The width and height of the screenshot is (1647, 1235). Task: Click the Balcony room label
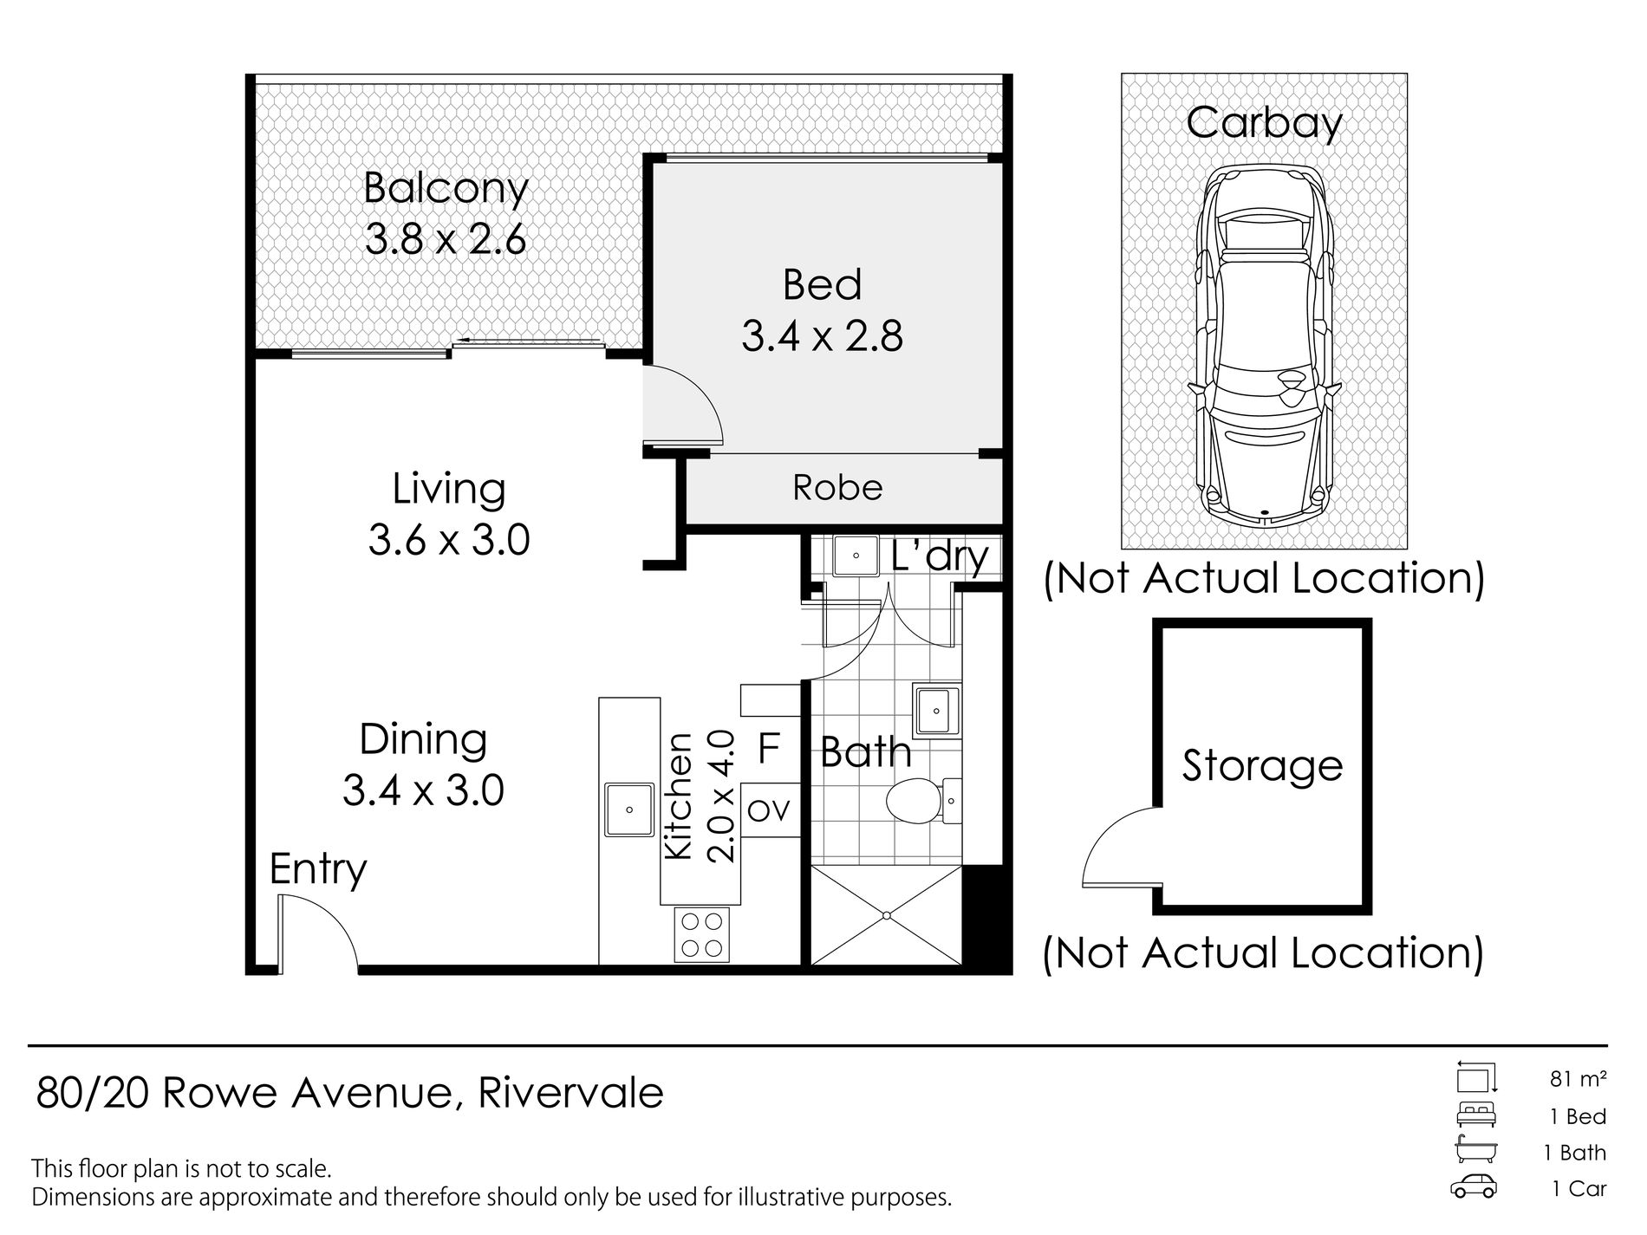pyautogui.click(x=446, y=189)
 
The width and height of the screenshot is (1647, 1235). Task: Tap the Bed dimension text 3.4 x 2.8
pyautogui.click(x=822, y=336)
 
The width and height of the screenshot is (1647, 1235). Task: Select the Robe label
pyautogui.click(x=837, y=488)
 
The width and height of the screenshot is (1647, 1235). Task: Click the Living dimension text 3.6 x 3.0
pyautogui.click(x=449, y=541)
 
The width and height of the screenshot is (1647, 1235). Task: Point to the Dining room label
pyautogui.click(x=423, y=739)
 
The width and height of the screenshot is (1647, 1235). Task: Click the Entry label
pyautogui.click(x=318, y=869)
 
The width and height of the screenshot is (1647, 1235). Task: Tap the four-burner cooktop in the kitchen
pyautogui.click(x=702, y=934)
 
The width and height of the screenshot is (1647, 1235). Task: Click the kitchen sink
pyautogui.click(x=629, y=809)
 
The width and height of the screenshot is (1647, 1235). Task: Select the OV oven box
pyautogui.click(x=770, y=810)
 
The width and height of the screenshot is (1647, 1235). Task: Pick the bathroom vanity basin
pyautogui.click(x=937, y=712)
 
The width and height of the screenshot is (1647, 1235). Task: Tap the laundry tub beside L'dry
pyautogui.click(x=857, y=556)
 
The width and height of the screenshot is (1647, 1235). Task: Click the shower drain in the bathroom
pyautogui.click(x=887, y=915)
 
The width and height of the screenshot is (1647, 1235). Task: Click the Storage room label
pyautogui.click(x=1262, y=766)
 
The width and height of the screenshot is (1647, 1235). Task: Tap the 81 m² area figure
pyautogui.click(x=1579, y=1079)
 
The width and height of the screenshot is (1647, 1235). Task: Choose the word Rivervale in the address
pyautogui.click(x=570, y=1093)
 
